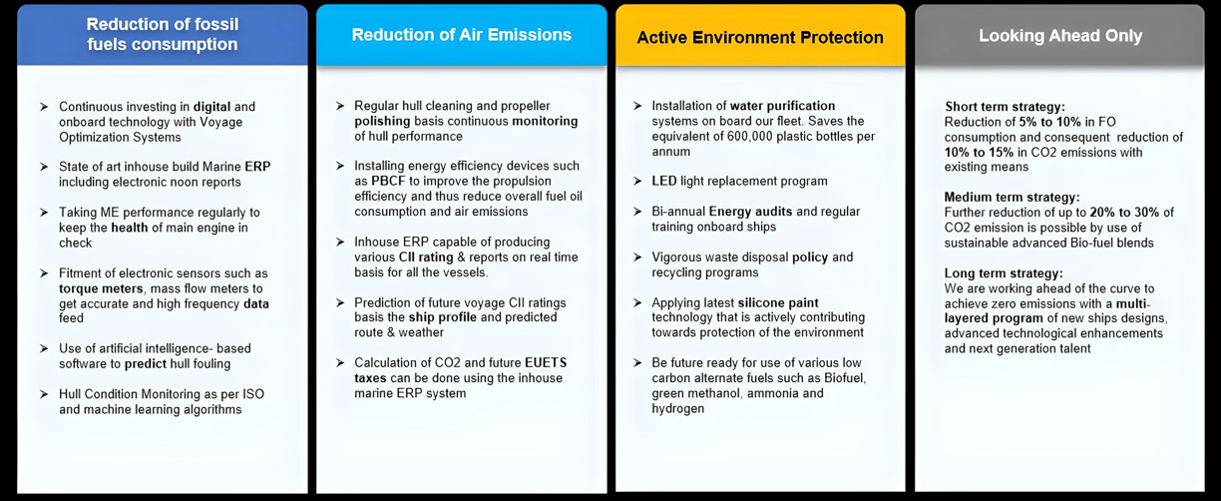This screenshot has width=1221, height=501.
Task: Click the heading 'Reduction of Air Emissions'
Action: click(461, 35)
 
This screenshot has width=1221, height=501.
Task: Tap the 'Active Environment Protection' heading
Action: click(760, 37)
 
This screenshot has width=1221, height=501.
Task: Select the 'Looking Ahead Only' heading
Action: click(1060, 36)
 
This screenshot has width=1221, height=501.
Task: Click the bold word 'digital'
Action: click(212, 107)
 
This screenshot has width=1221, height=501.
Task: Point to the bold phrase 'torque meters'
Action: click(101, 288)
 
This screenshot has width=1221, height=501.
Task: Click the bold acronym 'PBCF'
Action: click(388, 181)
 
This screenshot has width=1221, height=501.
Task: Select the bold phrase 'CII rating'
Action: click(426, 257)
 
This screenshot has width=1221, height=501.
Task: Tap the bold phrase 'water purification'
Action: click(782, 106)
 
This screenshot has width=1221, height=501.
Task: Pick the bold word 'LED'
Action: click(664, 181)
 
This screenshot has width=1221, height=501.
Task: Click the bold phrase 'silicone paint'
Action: click(777, 302)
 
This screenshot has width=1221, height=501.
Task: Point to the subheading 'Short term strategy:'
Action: click(1005, 107)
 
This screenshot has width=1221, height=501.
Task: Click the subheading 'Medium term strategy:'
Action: click(1012, 198)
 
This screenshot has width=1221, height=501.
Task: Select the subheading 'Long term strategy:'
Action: click(1004, 273)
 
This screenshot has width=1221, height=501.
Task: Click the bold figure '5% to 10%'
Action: click(1049, 122)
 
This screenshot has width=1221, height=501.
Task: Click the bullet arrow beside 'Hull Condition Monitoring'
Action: click(44, 393)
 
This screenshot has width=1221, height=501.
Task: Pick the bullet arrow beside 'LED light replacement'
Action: click(637, 181)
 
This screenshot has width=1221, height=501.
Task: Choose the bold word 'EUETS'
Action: click(546, 362)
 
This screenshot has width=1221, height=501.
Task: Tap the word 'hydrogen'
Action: click(677, 409)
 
